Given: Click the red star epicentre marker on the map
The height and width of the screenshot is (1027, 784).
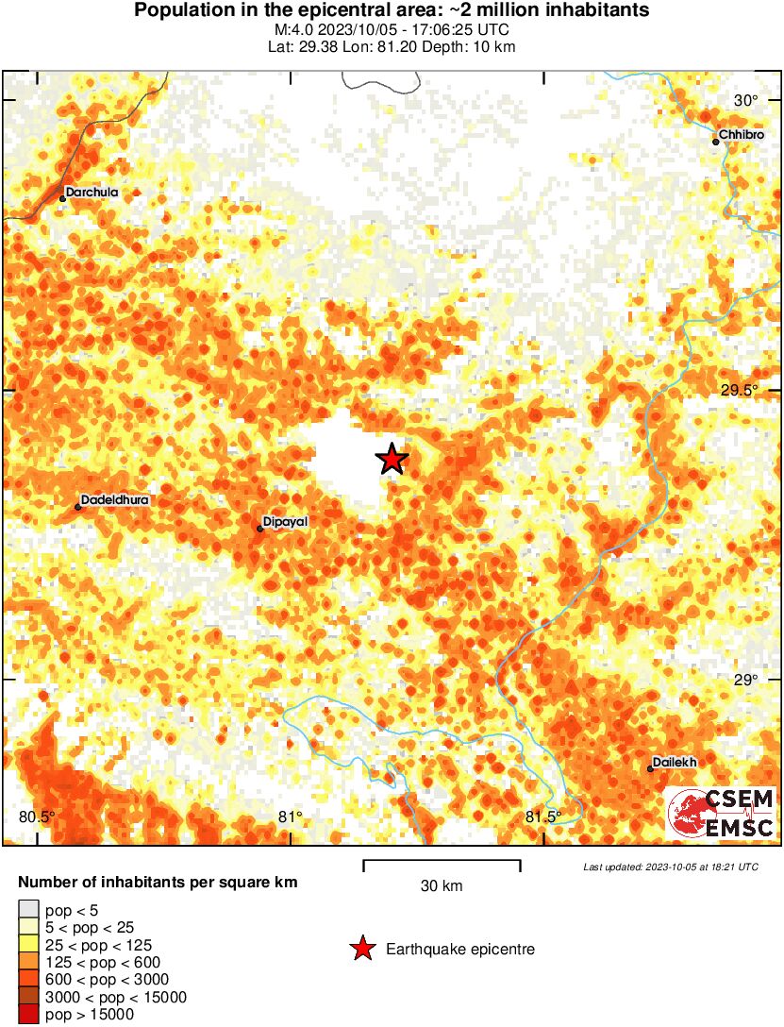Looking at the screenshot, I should point(392,460).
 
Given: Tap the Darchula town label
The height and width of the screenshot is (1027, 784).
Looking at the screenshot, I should point(92,193).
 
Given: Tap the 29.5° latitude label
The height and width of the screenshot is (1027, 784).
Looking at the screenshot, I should point(740,392).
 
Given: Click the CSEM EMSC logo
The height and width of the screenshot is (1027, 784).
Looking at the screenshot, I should point(722,814).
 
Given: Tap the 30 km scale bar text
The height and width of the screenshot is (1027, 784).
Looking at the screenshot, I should point(442,885).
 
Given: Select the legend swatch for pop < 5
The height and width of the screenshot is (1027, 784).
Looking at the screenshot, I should point(28,910).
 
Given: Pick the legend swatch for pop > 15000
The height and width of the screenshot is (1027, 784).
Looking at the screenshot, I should point(28,1014).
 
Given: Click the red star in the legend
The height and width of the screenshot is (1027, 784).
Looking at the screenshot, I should point(361,949).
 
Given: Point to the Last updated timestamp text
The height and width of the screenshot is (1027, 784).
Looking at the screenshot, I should point(670,867).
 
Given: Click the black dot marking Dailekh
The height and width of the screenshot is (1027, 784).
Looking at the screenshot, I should point(651,768).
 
